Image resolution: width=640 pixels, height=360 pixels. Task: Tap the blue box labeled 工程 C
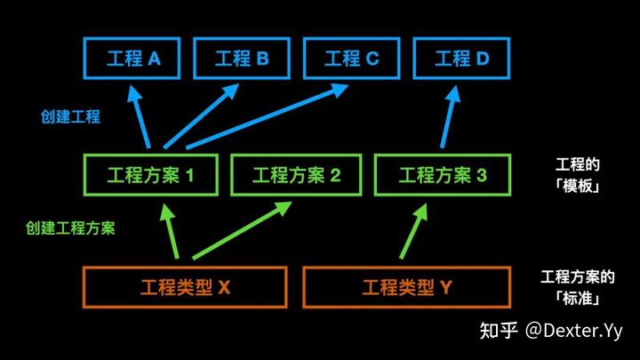click(x=351, y=60)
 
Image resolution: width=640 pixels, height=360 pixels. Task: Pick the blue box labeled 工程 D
click(x=461, y=60)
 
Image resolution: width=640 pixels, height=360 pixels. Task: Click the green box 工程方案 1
click(x=152, y=175)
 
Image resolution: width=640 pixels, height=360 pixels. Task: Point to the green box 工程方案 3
click(x=443, y=175)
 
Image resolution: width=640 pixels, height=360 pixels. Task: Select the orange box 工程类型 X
click(x=185, y=287)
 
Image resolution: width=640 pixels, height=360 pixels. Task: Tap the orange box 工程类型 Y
click(x=406, y=287)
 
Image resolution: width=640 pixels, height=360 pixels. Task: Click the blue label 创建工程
click(x=70, y=116)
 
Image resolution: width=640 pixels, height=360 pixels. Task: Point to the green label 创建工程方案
click(x=70, y=228)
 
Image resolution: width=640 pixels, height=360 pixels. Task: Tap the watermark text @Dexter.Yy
click(x=573, y=332)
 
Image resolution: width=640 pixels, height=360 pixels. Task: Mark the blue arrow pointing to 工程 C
click(x=267, y=116)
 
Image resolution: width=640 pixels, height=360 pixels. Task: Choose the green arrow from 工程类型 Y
click(x=412, y=235)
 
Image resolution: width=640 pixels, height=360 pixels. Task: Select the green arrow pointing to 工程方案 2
click(x=240, y=234)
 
